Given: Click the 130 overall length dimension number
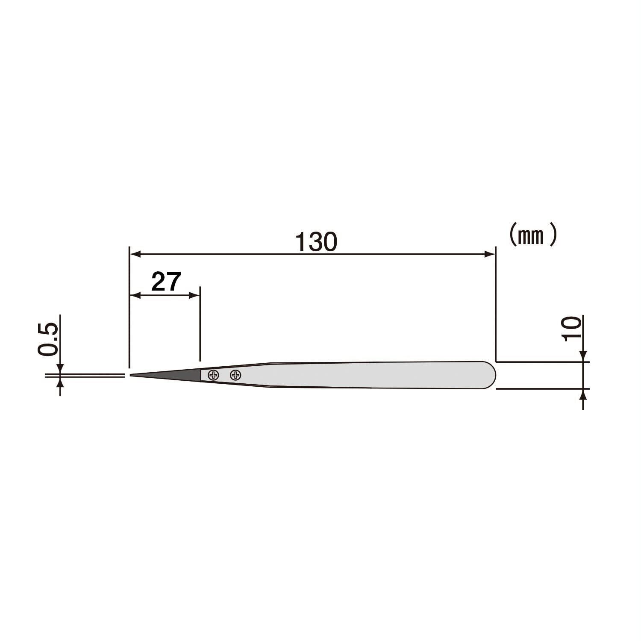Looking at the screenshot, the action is [316, 242].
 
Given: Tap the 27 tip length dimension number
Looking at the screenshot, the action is [167, 282].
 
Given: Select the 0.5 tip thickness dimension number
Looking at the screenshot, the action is [48, 339].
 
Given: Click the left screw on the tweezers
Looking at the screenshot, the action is [213, 375].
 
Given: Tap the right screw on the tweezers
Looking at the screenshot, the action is [235, 375].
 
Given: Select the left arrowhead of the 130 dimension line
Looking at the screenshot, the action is [135, 254].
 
